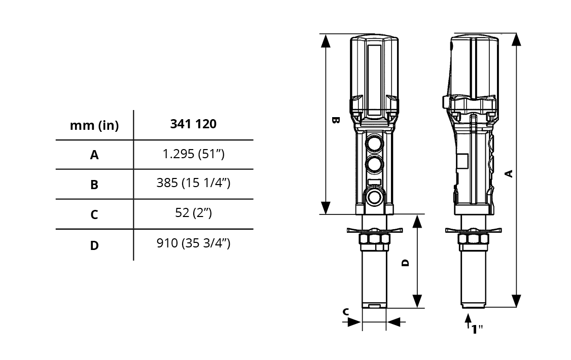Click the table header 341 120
pos(193,124)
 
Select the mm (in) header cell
pos(94,126)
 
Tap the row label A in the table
pos(94,155)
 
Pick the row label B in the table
pos(94,185)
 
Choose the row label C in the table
pos(94,215)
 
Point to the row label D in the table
pos(94,245)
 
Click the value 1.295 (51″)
pos(193,154)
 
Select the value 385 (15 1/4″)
pos(193,183)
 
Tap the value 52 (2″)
pos(193,212)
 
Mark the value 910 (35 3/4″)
pos(193,243)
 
